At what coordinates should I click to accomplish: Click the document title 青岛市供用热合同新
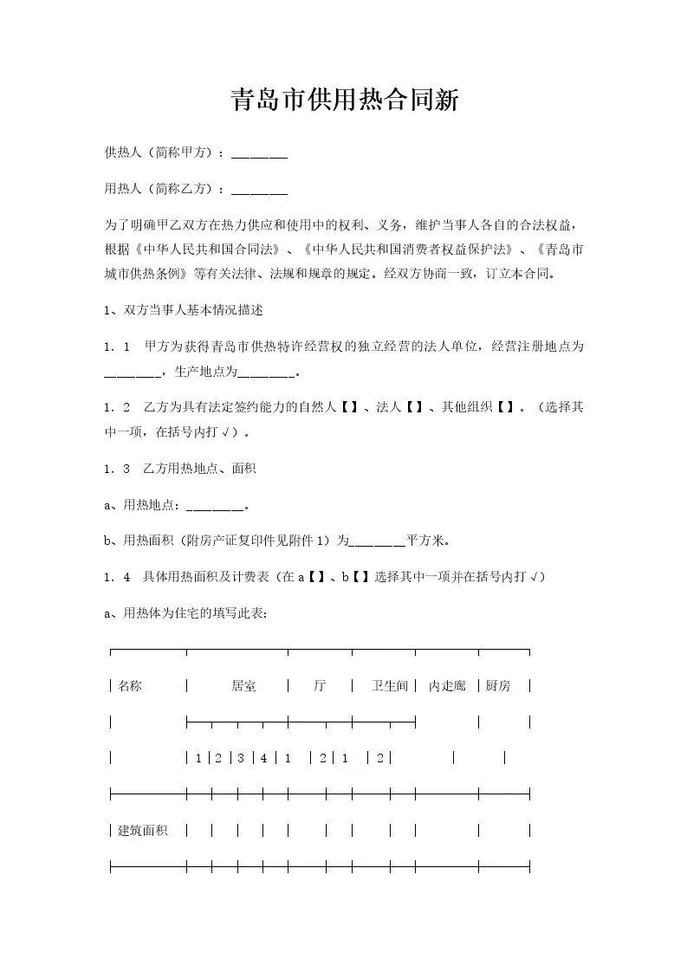point(344,100)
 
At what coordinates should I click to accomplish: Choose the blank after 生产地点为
point(266,373)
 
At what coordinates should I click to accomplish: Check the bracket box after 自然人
point(350,406)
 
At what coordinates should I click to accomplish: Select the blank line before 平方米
point(377,541)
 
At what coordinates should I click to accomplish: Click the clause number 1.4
point(116,577)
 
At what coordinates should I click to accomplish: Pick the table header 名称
point(130,686)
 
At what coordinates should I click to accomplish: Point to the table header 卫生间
point(389,686)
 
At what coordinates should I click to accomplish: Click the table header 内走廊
point(447,686)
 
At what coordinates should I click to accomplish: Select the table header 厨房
point(498,686)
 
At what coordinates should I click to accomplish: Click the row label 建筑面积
point(143,831)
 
